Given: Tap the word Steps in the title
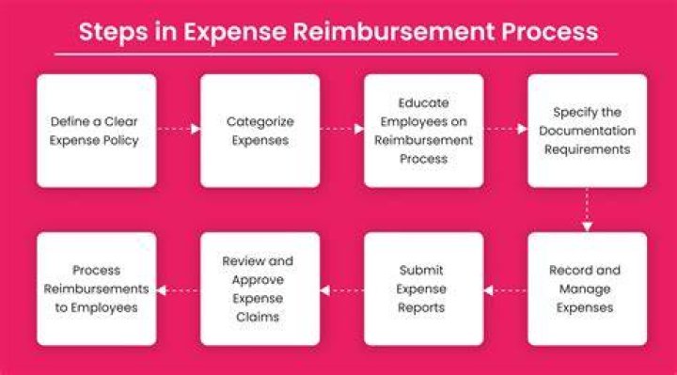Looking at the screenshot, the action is pos(113,33).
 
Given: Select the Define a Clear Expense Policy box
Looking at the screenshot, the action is pos(97,131).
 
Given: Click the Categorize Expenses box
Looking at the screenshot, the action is pos(260,131).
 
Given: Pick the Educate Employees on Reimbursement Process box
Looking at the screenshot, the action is pos(423,131).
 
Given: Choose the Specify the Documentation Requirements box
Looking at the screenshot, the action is pos(587,131).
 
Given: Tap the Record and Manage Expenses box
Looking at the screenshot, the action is pos(587,289).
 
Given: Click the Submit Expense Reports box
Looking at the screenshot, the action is pos(423,289).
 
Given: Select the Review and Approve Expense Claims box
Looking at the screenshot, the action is pos(260,289).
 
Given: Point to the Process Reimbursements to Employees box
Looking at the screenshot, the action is pos(97,289).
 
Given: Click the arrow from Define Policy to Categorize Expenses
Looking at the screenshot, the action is pos(179,129).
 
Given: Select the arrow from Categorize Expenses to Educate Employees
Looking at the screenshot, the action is pos(342,129).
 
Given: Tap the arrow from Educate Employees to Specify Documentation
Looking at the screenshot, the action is pos(506,129).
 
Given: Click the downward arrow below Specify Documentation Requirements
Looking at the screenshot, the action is pos(587,210).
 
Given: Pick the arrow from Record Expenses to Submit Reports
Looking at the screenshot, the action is pos(506,290).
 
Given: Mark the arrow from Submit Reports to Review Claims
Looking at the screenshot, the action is pos(342,290).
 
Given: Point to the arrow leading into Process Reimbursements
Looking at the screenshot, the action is pos(179,290).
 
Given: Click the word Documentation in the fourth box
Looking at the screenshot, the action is pos(587,131).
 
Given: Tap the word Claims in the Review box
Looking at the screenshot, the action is pos(258,317).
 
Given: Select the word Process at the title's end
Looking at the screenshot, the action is pos(550,31).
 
